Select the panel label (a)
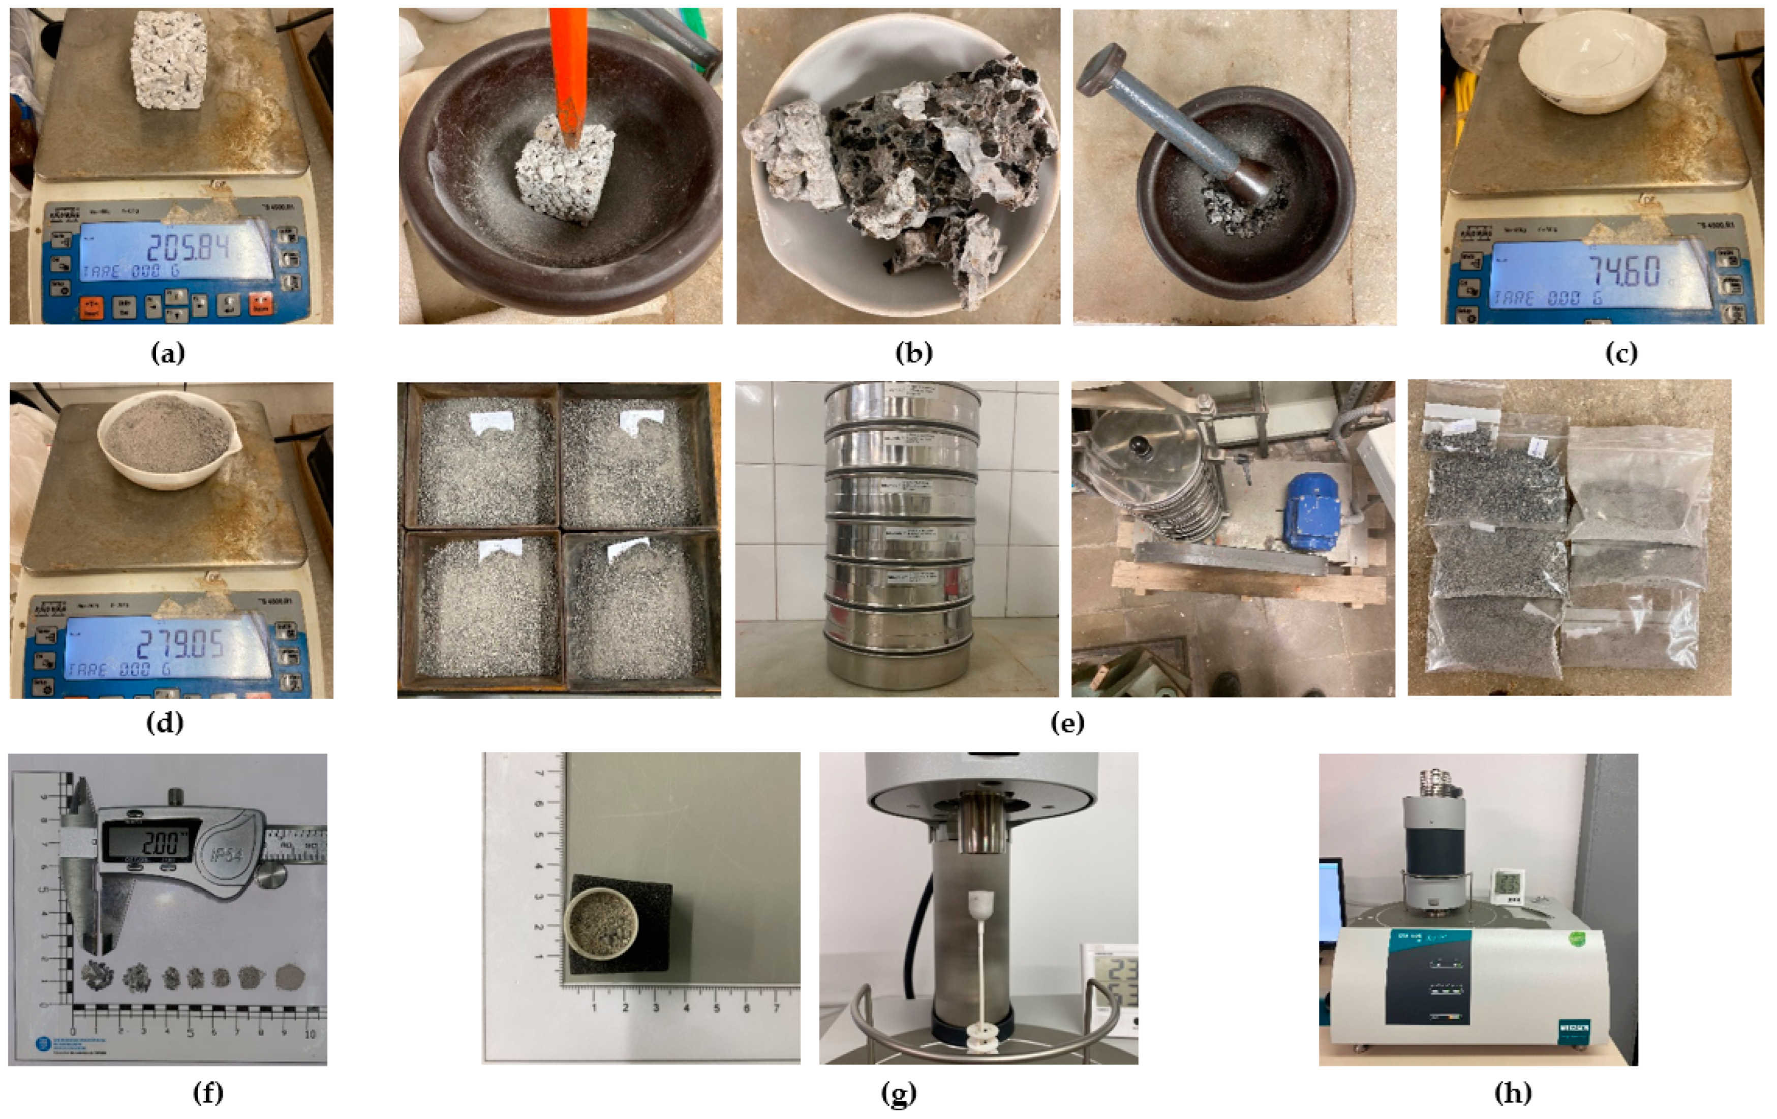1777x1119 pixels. click(168, 353)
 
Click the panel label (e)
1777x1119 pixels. click(1067, 722)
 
